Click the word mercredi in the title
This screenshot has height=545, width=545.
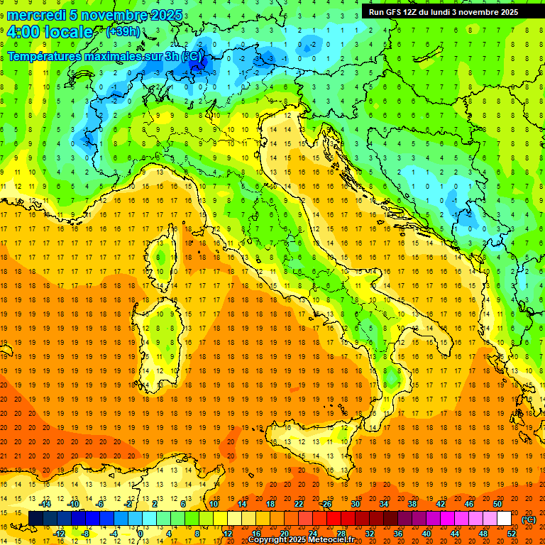tap(35, 15)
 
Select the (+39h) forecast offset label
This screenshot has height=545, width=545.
tap(123, 32)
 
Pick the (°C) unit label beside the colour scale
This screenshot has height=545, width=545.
tap(529, 519)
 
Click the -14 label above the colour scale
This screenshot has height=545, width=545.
tap(46, 504)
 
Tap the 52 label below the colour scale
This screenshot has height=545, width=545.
tap(512, 534)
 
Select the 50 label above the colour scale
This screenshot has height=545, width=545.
tap(497, 504)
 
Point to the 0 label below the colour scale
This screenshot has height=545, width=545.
tap(140, 534)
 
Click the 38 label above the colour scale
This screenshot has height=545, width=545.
tap(412, 504)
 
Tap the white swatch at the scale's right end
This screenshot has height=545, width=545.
tap(504, 519)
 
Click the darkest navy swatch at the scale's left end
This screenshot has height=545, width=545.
tap(35, 519)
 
